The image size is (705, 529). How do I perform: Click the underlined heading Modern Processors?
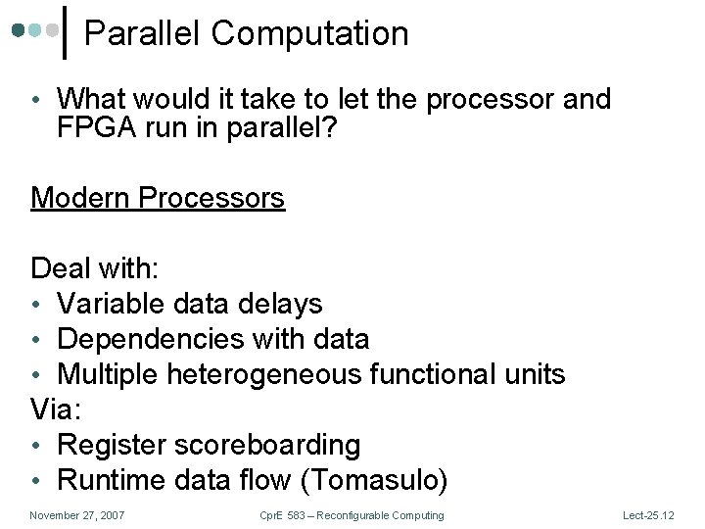tap(158, 198)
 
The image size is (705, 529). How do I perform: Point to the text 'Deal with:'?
tap(99, 268)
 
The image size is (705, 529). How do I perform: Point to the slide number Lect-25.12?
tap(649, 515)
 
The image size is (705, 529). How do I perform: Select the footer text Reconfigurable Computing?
tap(386, 515)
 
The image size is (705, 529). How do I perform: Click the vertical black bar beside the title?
tap(66, 32)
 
